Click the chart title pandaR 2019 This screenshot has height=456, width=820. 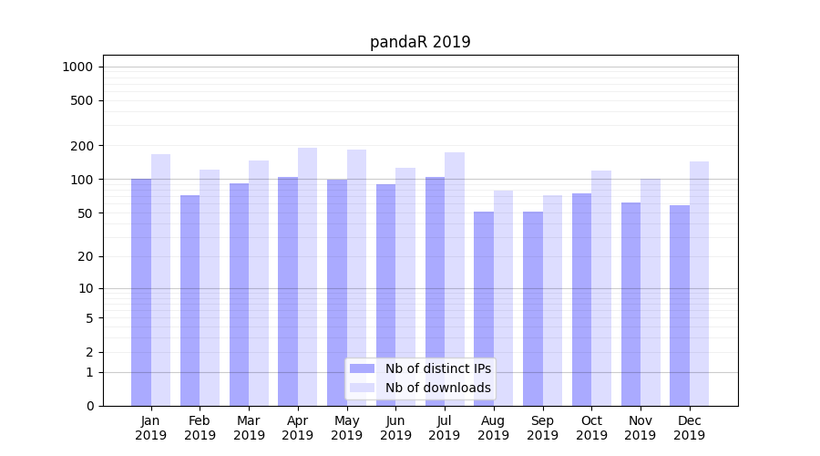click(420, 42)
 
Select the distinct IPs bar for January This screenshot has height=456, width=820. click(141, 292)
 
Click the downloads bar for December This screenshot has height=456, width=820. click(699, 284)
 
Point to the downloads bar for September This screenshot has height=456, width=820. click(552, 300)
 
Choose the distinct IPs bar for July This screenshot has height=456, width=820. click(435, 291)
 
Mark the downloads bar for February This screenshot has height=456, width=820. click(210, 287)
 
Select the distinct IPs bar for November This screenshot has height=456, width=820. click(630, 304)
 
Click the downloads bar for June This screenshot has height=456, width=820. click(405, 286)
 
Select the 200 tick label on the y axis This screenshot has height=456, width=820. click(82, 146)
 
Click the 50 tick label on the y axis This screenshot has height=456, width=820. click(85, 213)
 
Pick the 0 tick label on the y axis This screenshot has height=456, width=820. click(89, 406)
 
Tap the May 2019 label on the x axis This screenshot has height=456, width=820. click(346, 428)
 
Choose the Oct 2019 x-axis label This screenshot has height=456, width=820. click(591, 428)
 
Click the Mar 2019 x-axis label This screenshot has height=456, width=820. click(249, 428)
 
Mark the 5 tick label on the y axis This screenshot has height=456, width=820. click(89, 318)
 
